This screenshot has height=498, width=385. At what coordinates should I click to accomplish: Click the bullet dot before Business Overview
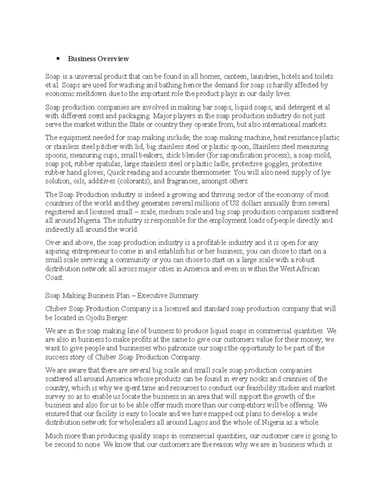coord(58,59)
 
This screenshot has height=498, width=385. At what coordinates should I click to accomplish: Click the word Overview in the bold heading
coord(114,59)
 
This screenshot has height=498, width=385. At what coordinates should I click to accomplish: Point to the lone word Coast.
coord(55,277)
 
